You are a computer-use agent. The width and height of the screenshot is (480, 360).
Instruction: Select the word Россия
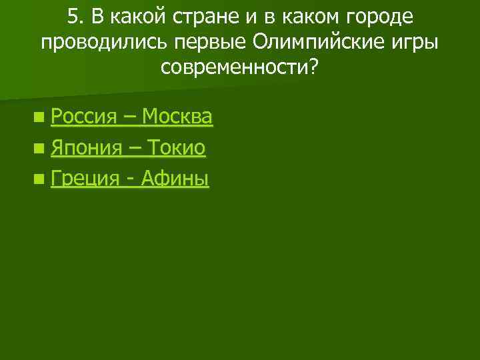click(83, 117)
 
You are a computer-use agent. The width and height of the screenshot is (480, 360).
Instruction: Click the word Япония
click(86, 148)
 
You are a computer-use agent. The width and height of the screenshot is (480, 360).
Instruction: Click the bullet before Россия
click(41, 119)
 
